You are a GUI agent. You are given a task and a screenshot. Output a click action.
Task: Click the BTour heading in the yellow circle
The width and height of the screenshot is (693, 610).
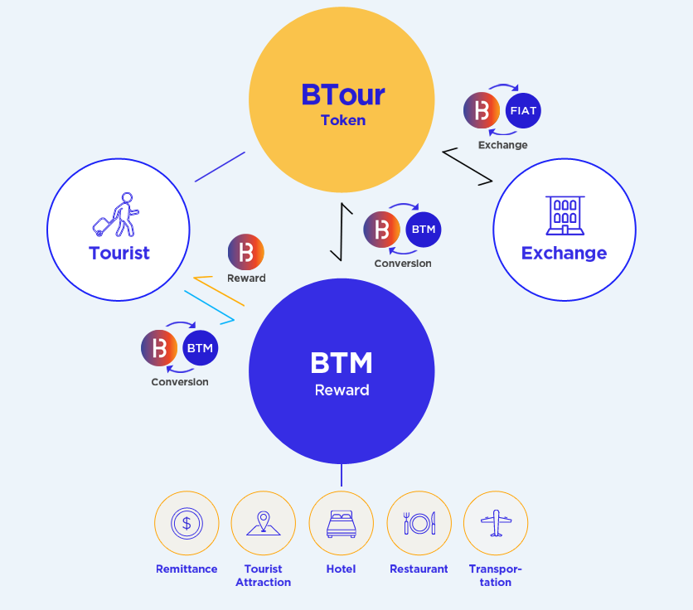point(342,94)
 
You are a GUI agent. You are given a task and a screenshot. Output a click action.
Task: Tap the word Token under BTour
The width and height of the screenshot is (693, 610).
point(342,120)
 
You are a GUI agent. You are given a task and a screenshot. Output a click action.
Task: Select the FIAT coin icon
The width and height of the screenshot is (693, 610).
point(522,111)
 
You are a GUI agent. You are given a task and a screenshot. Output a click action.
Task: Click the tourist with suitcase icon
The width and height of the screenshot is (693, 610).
point(115,216)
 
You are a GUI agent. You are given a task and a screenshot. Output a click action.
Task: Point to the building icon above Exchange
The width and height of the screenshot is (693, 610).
point(565,215)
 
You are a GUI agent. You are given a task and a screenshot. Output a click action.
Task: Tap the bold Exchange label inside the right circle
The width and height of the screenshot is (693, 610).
point(564,253)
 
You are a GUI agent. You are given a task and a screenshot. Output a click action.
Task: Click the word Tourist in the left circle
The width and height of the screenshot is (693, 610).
point(119,253)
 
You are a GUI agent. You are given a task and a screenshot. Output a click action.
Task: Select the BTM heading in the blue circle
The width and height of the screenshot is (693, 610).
point(342,363)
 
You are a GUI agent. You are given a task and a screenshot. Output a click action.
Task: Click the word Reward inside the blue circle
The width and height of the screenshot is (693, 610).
point(342,390)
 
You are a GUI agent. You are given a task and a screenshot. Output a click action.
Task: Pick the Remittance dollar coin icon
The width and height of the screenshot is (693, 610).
point(187,523)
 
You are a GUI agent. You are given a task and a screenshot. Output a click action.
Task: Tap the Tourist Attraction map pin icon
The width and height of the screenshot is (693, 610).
point(264,523)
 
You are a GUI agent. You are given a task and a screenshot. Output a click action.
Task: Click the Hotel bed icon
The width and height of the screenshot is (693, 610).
point(341,523)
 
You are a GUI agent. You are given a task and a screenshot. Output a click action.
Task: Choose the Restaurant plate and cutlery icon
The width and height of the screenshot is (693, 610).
point(419,523)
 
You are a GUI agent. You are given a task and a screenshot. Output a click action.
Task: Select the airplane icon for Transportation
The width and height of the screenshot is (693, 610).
point(496,523)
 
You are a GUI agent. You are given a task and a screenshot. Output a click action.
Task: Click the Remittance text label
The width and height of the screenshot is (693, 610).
point(187,569)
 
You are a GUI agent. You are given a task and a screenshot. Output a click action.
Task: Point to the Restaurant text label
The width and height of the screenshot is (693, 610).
point(419,569)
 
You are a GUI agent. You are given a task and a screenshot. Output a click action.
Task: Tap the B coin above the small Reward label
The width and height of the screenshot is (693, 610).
point(245,252)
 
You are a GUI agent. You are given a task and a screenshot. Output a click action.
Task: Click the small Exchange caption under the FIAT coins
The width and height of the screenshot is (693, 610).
point(502,145)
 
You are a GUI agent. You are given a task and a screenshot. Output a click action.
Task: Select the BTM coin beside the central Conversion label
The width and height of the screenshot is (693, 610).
point(423,230)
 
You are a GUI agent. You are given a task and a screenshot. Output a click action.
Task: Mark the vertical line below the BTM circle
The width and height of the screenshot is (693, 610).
point(341,476)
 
